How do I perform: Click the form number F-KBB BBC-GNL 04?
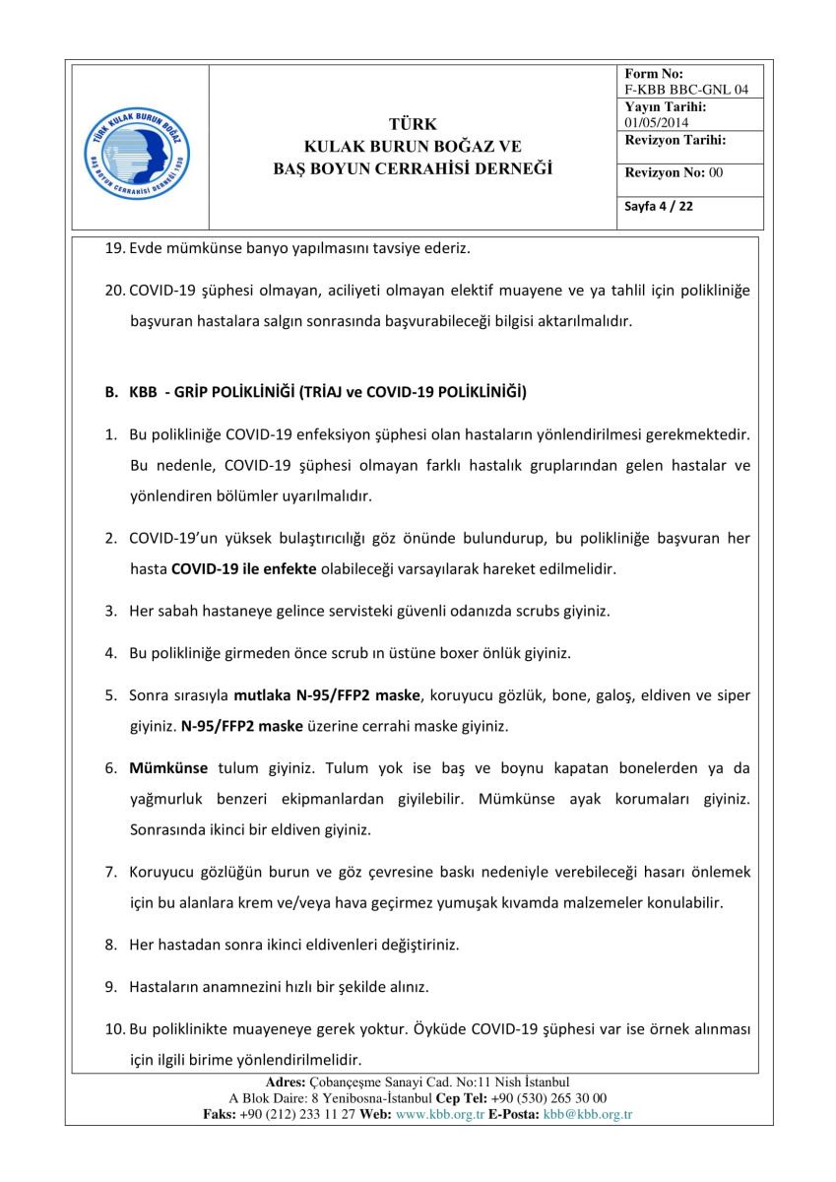tap(686, 90)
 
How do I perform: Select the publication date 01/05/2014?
tap(657, 122)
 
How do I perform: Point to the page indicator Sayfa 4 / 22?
tap(659, 207)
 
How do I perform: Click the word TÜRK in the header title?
tap(413, 124)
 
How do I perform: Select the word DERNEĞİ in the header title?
tap(511, 168)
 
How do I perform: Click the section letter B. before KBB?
tap(111, 392)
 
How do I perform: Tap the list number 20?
tap(114, 292)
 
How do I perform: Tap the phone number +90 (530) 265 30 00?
tap(549, 1098)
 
